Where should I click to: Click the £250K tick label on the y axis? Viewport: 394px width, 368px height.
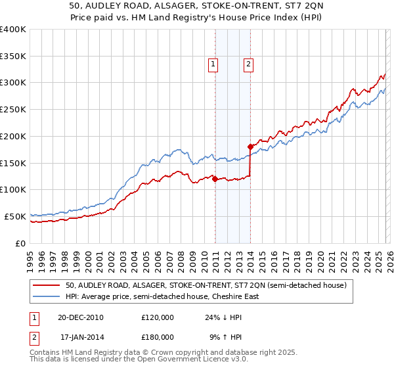(x=13, y=109)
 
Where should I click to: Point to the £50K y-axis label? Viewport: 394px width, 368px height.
(x=15, y=216)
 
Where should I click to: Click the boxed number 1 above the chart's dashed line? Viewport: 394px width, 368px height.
(x=214, y=64)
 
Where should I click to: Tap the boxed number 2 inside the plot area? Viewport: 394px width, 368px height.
(x=249, y=64)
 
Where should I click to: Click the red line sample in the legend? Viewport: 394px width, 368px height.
(x=47, y=285)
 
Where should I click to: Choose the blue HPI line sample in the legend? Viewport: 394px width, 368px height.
(x=47, y=296)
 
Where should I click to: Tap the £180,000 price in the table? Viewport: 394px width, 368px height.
(x=158, y=336)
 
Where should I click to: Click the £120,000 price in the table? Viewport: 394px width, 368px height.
(x=158, y=317)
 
